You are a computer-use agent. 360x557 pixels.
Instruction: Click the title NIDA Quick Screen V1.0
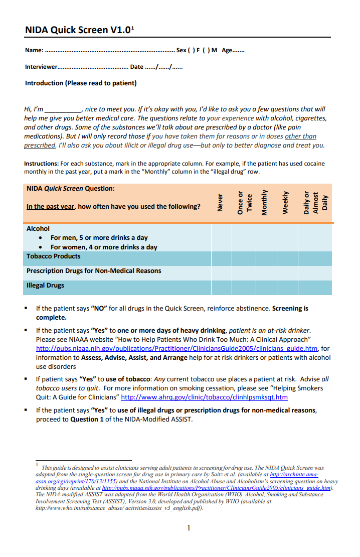coord(79,30)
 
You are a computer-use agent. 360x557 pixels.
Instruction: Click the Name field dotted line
coord(110,51)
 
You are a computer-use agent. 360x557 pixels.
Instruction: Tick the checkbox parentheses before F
coord(191,51)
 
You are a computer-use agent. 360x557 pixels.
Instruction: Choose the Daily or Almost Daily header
coord(315,203)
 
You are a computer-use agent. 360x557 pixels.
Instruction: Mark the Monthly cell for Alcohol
coord(266,237)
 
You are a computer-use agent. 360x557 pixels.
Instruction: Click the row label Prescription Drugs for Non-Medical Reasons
coord(94,271)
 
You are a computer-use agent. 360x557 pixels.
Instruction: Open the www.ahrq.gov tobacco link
coord(204,397)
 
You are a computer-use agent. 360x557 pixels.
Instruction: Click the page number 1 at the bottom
coord(189,527)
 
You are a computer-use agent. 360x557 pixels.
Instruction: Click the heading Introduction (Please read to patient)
coord(81,83)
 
